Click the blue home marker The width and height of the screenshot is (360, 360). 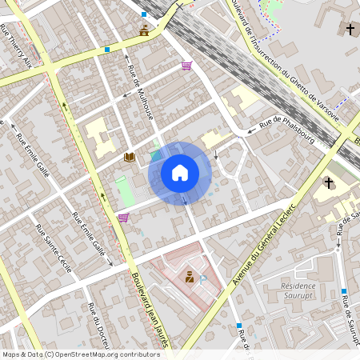[179, 173]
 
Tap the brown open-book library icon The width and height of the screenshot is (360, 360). [129, 158]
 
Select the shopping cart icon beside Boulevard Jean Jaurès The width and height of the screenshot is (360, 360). [123, 217]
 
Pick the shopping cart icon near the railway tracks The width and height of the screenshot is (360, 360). [186, 66]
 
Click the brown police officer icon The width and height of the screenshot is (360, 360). [190, 277]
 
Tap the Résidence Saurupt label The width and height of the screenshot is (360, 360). [299, 290]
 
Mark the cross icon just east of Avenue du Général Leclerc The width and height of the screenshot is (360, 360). [328, 182]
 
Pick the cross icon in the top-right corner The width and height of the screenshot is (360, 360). [350, 30]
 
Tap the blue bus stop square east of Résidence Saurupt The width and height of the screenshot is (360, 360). [343, 292]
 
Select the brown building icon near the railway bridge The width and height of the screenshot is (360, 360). [144, 31]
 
